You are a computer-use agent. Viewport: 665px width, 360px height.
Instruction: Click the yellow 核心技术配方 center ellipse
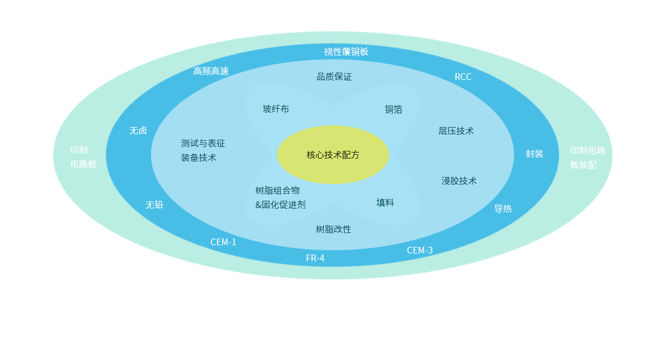click(x=332, y=155)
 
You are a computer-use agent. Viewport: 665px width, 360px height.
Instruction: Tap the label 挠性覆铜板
click(x=346, y=52)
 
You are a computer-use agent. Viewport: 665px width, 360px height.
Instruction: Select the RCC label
click(x=463, y=77)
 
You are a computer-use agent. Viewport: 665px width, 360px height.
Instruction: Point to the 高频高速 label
click(x=211, y=71)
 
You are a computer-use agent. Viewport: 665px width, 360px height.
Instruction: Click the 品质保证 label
click(x=334, y=77)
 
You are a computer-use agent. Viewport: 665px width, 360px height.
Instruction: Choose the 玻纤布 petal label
click(x=276, y=109)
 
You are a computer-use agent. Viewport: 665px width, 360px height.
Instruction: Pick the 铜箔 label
click(x=394, y=109)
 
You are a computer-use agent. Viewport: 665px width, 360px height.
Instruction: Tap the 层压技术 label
click(x=456, y=131)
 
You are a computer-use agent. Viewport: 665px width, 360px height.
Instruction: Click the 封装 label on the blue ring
click(x=535, y=154)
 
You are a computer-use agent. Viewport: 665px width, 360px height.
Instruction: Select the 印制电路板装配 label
click(x=588, y=158)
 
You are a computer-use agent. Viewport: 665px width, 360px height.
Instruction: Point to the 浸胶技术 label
click(x=459, y=181)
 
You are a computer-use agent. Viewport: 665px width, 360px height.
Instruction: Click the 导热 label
click(x=503, y=209)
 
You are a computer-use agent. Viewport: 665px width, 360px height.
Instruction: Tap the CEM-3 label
click(x=420, y=250)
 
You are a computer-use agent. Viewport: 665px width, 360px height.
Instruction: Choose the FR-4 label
click(x=315, y=258)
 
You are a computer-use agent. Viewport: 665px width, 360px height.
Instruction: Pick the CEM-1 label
click(x=223, y=242)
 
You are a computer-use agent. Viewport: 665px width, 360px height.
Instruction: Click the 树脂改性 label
click(x=334, y=229)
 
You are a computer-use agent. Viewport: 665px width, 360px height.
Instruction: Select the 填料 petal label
click(x=385, y=202)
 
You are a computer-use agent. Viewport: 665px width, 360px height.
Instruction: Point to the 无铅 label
click(x=154, y=205)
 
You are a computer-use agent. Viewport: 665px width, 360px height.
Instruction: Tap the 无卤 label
click(x=138, y=130)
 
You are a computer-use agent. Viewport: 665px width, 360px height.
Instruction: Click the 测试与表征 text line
click(x=203, y=143)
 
